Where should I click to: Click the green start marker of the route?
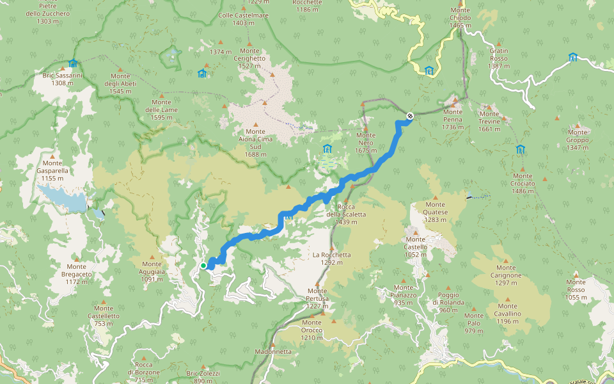pyautogui.click(x=203, y=265)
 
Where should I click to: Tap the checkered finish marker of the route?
pyautogui.click(x=409, y=116)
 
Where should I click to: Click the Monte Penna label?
pyautogui.click(x=452, y=119)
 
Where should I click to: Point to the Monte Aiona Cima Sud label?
pyautogui.click(x=255, y=143)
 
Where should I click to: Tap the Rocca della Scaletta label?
pyautogui.click(x=346, y=214)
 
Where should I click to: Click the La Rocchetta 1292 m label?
pyautogui.click(x=331, y=258)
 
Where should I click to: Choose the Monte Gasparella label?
pyautogui.click(x=52, y=171)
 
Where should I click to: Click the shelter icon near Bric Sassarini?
pyautogui.click(x=73, y=63)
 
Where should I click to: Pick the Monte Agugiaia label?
pyautogui.click(x=152, y=271)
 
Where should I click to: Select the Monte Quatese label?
pyautogui.click(x=436, y=216)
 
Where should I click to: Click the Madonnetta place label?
pyautogui.click(x=273, y=351)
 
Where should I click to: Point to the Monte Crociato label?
pyautogui.click(x=523, y=183)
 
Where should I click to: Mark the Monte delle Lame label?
pyautogui.click(x=161, y=109)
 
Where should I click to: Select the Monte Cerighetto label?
pyautogui.click(x=251, y=58)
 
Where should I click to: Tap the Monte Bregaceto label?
pyautogui.click(x=76, y=274)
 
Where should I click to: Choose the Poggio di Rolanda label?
pyautogui.click(x=449, y=306)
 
